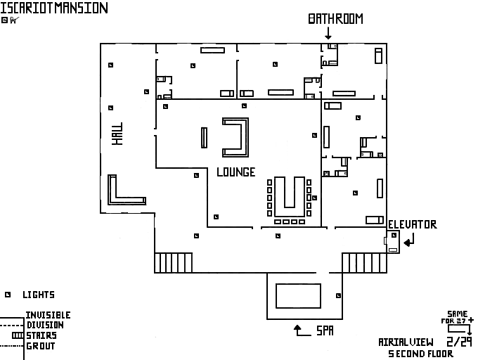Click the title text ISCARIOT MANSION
[54, 8]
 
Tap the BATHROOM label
[335, 19]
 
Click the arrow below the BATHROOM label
[328, 33]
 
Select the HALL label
[117, 134]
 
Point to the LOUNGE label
[235, 172]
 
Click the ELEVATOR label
[413, 225]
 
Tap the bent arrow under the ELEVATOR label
[409, 240]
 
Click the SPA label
[324, 330]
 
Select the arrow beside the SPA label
[302, 330]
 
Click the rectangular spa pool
[299, 295]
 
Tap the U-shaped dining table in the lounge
[288, 197]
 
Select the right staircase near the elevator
[356, 262]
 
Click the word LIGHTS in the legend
[39, 295]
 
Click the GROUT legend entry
[41, 346]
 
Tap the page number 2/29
[460, 342]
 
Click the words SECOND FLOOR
[421, 354]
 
